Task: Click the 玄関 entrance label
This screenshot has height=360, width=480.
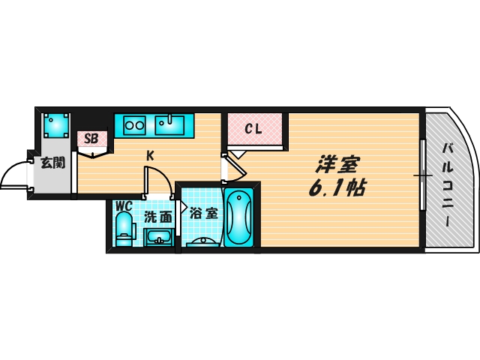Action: click(x=52, y=161)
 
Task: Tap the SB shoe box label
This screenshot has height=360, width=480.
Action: click(x=91, y=138)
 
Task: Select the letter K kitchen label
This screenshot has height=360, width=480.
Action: click(x=149, y=156)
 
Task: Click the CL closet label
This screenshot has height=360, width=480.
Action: click(x=253, y=129)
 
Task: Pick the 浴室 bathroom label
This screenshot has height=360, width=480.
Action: click(x=203, y=214)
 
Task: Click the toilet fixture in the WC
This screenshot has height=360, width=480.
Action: click(x=124, y=226)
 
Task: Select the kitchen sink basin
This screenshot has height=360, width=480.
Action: click(x=171, y=124)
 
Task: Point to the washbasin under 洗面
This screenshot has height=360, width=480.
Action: click(x=158, y=238)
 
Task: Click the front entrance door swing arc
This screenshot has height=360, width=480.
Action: click(x=13, y=177)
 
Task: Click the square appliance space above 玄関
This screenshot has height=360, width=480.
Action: click(x=56, y=123)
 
